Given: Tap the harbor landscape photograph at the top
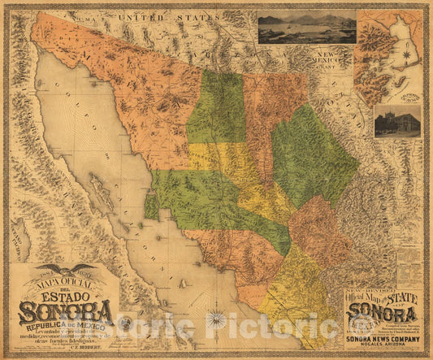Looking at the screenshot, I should pyautogui.click(x=306, y=27).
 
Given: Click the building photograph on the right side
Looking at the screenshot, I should pyautogui.click(x=397, y=120).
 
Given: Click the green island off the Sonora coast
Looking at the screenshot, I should pyautogui.click(x=152, y=206).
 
